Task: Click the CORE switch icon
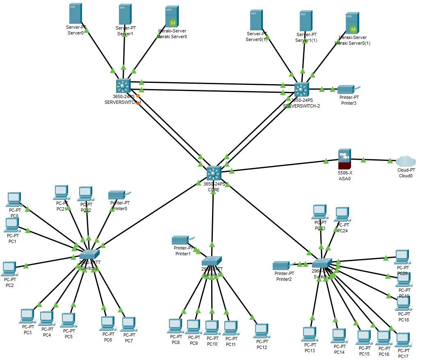point(214,173)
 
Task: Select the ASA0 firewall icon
point(344,159)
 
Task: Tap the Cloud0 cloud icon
point(406,161)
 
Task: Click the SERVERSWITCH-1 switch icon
point(123,86)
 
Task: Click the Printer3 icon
point(347,89)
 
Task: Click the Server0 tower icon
point(75,14)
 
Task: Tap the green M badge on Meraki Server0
point(173,23)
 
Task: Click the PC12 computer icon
point(261,331)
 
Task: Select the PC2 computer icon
point(9,269)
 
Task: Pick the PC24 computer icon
point(342,214)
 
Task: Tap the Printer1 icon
point(180,240)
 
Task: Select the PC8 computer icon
point(175,326)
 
